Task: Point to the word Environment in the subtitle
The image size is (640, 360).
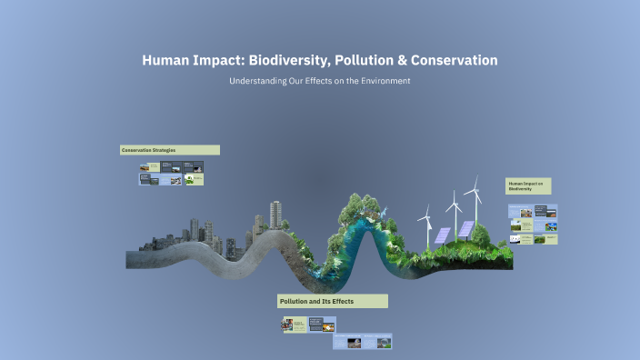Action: (386, 81)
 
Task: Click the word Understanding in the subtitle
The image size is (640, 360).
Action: (258, 81)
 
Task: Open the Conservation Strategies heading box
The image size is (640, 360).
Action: (170, 150)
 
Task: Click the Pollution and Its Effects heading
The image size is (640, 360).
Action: (333, 301)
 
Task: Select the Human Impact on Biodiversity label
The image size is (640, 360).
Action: (528, 186)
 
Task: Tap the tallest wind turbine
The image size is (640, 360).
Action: (472, 195)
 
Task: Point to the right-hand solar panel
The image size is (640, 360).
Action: (465, 228)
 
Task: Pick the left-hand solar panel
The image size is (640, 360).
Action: (442, 235)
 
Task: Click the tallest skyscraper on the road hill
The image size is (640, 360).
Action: (275, 216)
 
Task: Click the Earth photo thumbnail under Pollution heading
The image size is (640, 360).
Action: (385, 343)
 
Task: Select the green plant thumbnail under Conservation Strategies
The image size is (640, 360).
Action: (190, 179)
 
